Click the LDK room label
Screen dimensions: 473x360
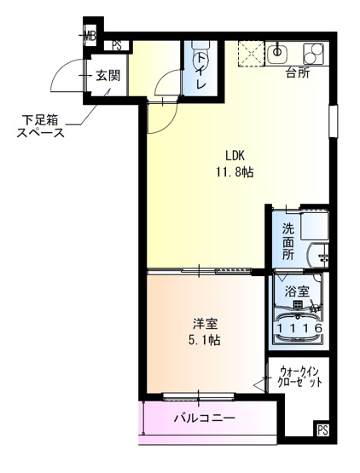(x=236, y=156)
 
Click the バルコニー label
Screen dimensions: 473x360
(x=204, y=418)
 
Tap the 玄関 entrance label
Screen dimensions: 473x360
(x=107, y=76)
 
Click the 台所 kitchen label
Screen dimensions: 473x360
(x=297, y=72)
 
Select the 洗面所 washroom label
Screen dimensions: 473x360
(x=288, y=241)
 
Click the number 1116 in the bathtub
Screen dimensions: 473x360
(x=297, y=327)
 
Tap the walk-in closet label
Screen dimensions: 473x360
(x=301, y=377)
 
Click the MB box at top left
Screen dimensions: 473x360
(x=90, y=36)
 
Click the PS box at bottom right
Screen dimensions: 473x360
(x=322, y=430)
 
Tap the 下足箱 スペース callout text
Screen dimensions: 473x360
(x=40, y=125)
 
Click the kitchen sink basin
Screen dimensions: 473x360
(x=277, y=54)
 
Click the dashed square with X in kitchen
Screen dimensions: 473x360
(x=250, y=53)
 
